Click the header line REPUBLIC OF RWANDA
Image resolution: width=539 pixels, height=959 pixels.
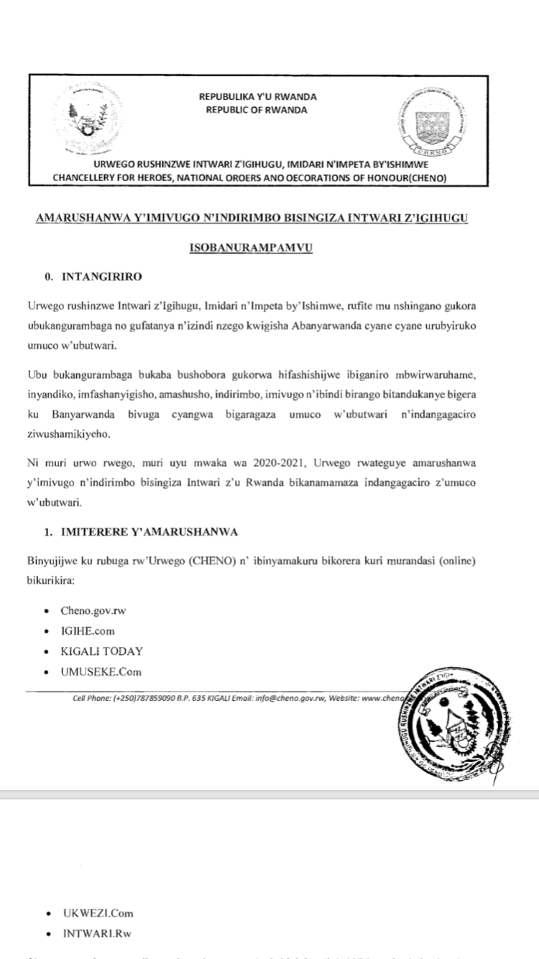257,110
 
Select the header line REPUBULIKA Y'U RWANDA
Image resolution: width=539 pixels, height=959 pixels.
257,97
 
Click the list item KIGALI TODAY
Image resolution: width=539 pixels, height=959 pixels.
102,651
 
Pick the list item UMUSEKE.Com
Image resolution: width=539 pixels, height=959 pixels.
101,672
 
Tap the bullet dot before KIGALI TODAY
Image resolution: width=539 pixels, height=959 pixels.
47,652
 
